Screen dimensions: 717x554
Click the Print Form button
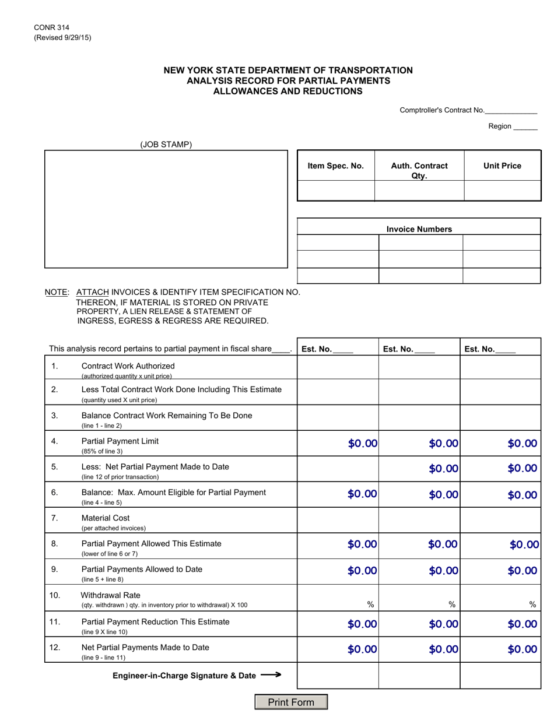(x=291, y=702)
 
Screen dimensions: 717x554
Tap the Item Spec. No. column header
(x=335, y=166)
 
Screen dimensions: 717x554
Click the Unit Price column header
(x=502, y=166)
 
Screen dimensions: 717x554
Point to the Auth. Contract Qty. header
(x=419, y=170)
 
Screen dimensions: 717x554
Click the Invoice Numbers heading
(x=419, y=229)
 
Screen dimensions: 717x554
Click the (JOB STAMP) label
(x=166, y=145)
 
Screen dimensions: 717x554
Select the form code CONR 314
(x=51, y=27)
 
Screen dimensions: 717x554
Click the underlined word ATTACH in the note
(x=93, y=292)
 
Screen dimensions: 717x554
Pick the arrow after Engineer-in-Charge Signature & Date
(x=271, y=675)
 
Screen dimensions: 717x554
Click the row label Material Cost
(x=106, y=518)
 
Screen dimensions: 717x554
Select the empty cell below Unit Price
(x=502, y=191)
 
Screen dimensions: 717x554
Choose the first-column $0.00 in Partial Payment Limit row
(x=363, y=444)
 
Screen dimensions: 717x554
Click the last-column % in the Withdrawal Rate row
(x=532, y=605)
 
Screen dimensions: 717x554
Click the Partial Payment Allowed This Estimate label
(x=151, y=543)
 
